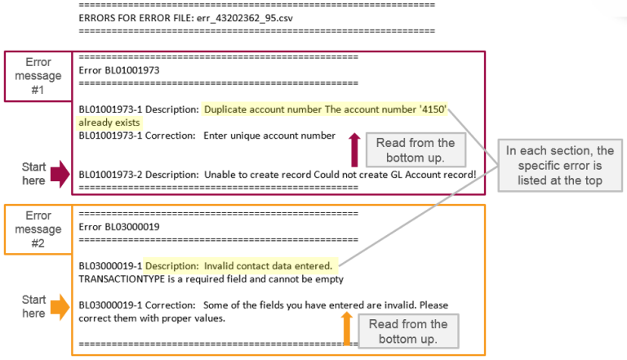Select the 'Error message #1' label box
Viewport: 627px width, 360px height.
38,77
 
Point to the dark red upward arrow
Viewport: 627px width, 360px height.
354,150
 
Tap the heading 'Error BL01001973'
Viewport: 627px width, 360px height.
118,70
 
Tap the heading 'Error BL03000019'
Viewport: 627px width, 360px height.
118,226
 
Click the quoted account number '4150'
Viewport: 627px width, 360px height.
434,109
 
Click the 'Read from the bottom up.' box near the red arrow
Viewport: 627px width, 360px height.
415,150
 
